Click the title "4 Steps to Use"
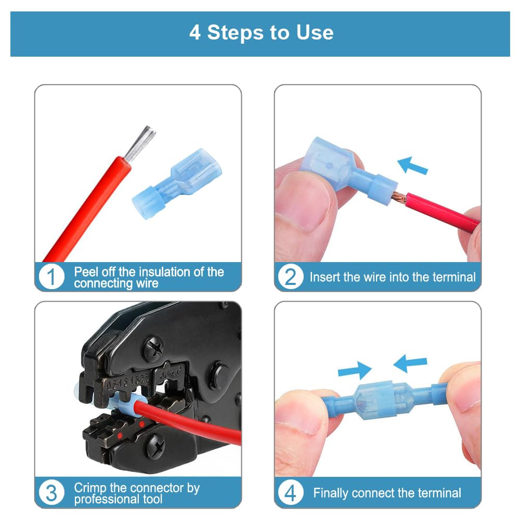coord(262,32)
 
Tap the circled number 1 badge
coord(51,277)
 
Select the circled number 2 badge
coord(291,277)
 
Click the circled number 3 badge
coord(51,492)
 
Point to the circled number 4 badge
coord(291,492)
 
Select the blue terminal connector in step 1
coord(177,184)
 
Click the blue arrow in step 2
coord(412,165)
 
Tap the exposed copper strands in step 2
coord(399,197)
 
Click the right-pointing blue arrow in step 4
coord(355,370)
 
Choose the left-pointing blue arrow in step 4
coord(410,363)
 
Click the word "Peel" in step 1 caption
coord(86,272)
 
